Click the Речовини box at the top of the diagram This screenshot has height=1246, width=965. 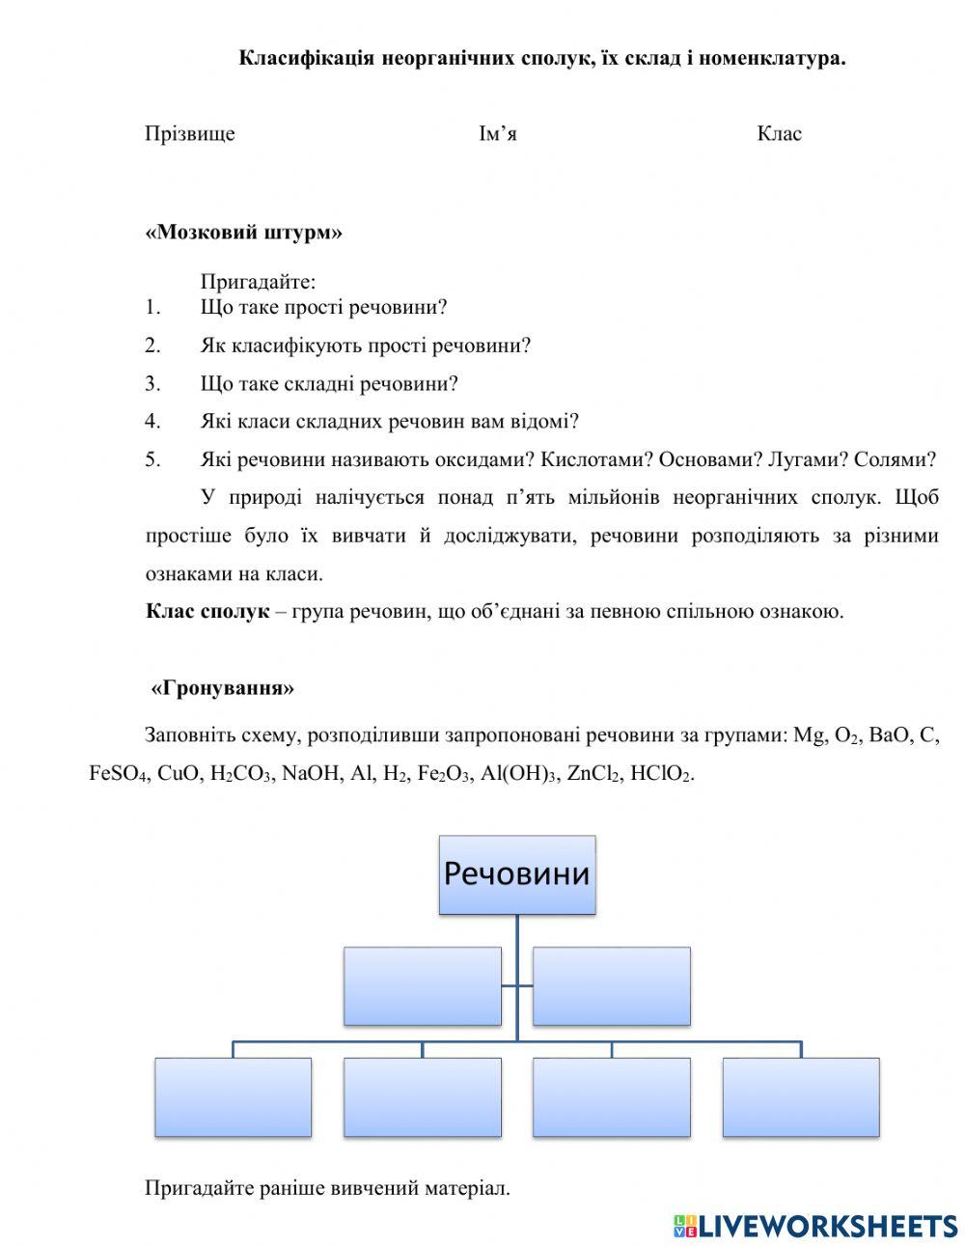click(x=516, y=874)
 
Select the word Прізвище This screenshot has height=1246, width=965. click(x=190, y=134)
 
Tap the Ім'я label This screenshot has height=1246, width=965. click(x=497, y=134)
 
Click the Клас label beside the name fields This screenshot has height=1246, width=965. click(x=779, y=134)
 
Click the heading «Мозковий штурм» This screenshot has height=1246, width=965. click(x=243, y=233)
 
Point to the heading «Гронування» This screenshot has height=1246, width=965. click(x=222, y=688)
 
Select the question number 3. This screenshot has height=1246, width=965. click(x=152, y=384)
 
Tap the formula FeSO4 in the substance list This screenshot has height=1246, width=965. click(x=117, y=774)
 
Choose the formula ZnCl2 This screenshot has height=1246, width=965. click(x=593, y=774)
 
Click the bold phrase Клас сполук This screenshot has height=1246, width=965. click(x=207, y=612)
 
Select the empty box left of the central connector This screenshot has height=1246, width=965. click(x=422, y=985)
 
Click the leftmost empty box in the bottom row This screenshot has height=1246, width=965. click(x=233, y=1097)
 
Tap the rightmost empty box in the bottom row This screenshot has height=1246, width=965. click(x=800, y=1097)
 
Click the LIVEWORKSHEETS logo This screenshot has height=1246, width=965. click(x=815, y=1226)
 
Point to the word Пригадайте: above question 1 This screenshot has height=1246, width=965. click(x=258, y=283)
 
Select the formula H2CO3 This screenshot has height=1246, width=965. click(x=240, y=774)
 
